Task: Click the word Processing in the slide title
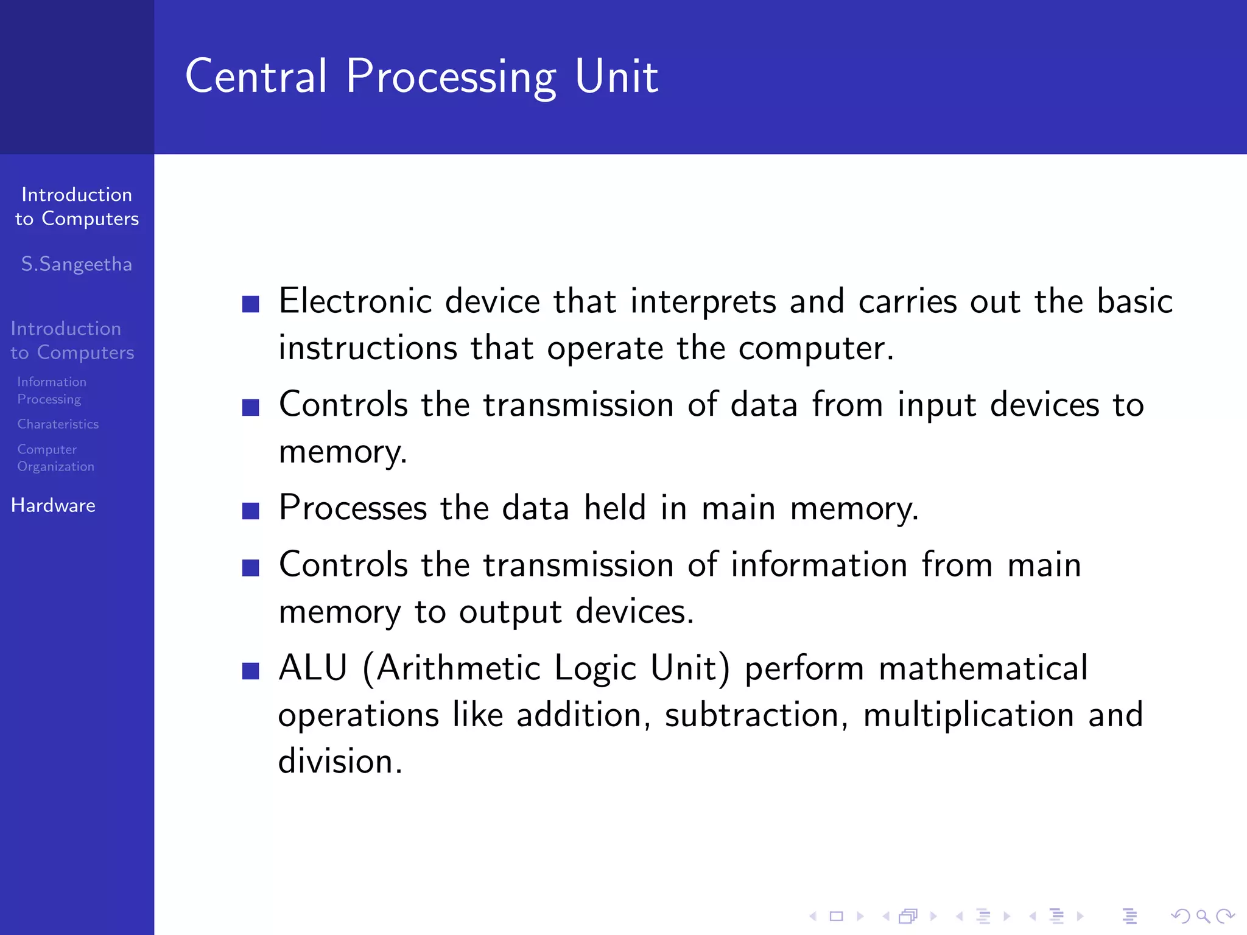coord(451,77)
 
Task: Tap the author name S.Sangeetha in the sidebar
coord(77,264)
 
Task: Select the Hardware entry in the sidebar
coord(53,505)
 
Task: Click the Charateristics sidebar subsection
coord(58,424)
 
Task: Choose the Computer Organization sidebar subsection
coord(55,458)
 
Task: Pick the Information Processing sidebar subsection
coord(52,390)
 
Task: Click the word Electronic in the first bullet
coord(355,301)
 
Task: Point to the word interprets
coord(703,301)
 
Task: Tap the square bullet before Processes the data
coord(251,510)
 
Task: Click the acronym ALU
coord(313,668)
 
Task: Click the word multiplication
coord(968,715)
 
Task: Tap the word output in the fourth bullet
coord(510,612)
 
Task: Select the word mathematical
coord(983,668)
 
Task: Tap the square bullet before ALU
coord(251,671)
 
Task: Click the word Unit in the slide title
coord(616,77)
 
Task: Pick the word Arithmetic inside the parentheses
coord(458,668)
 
